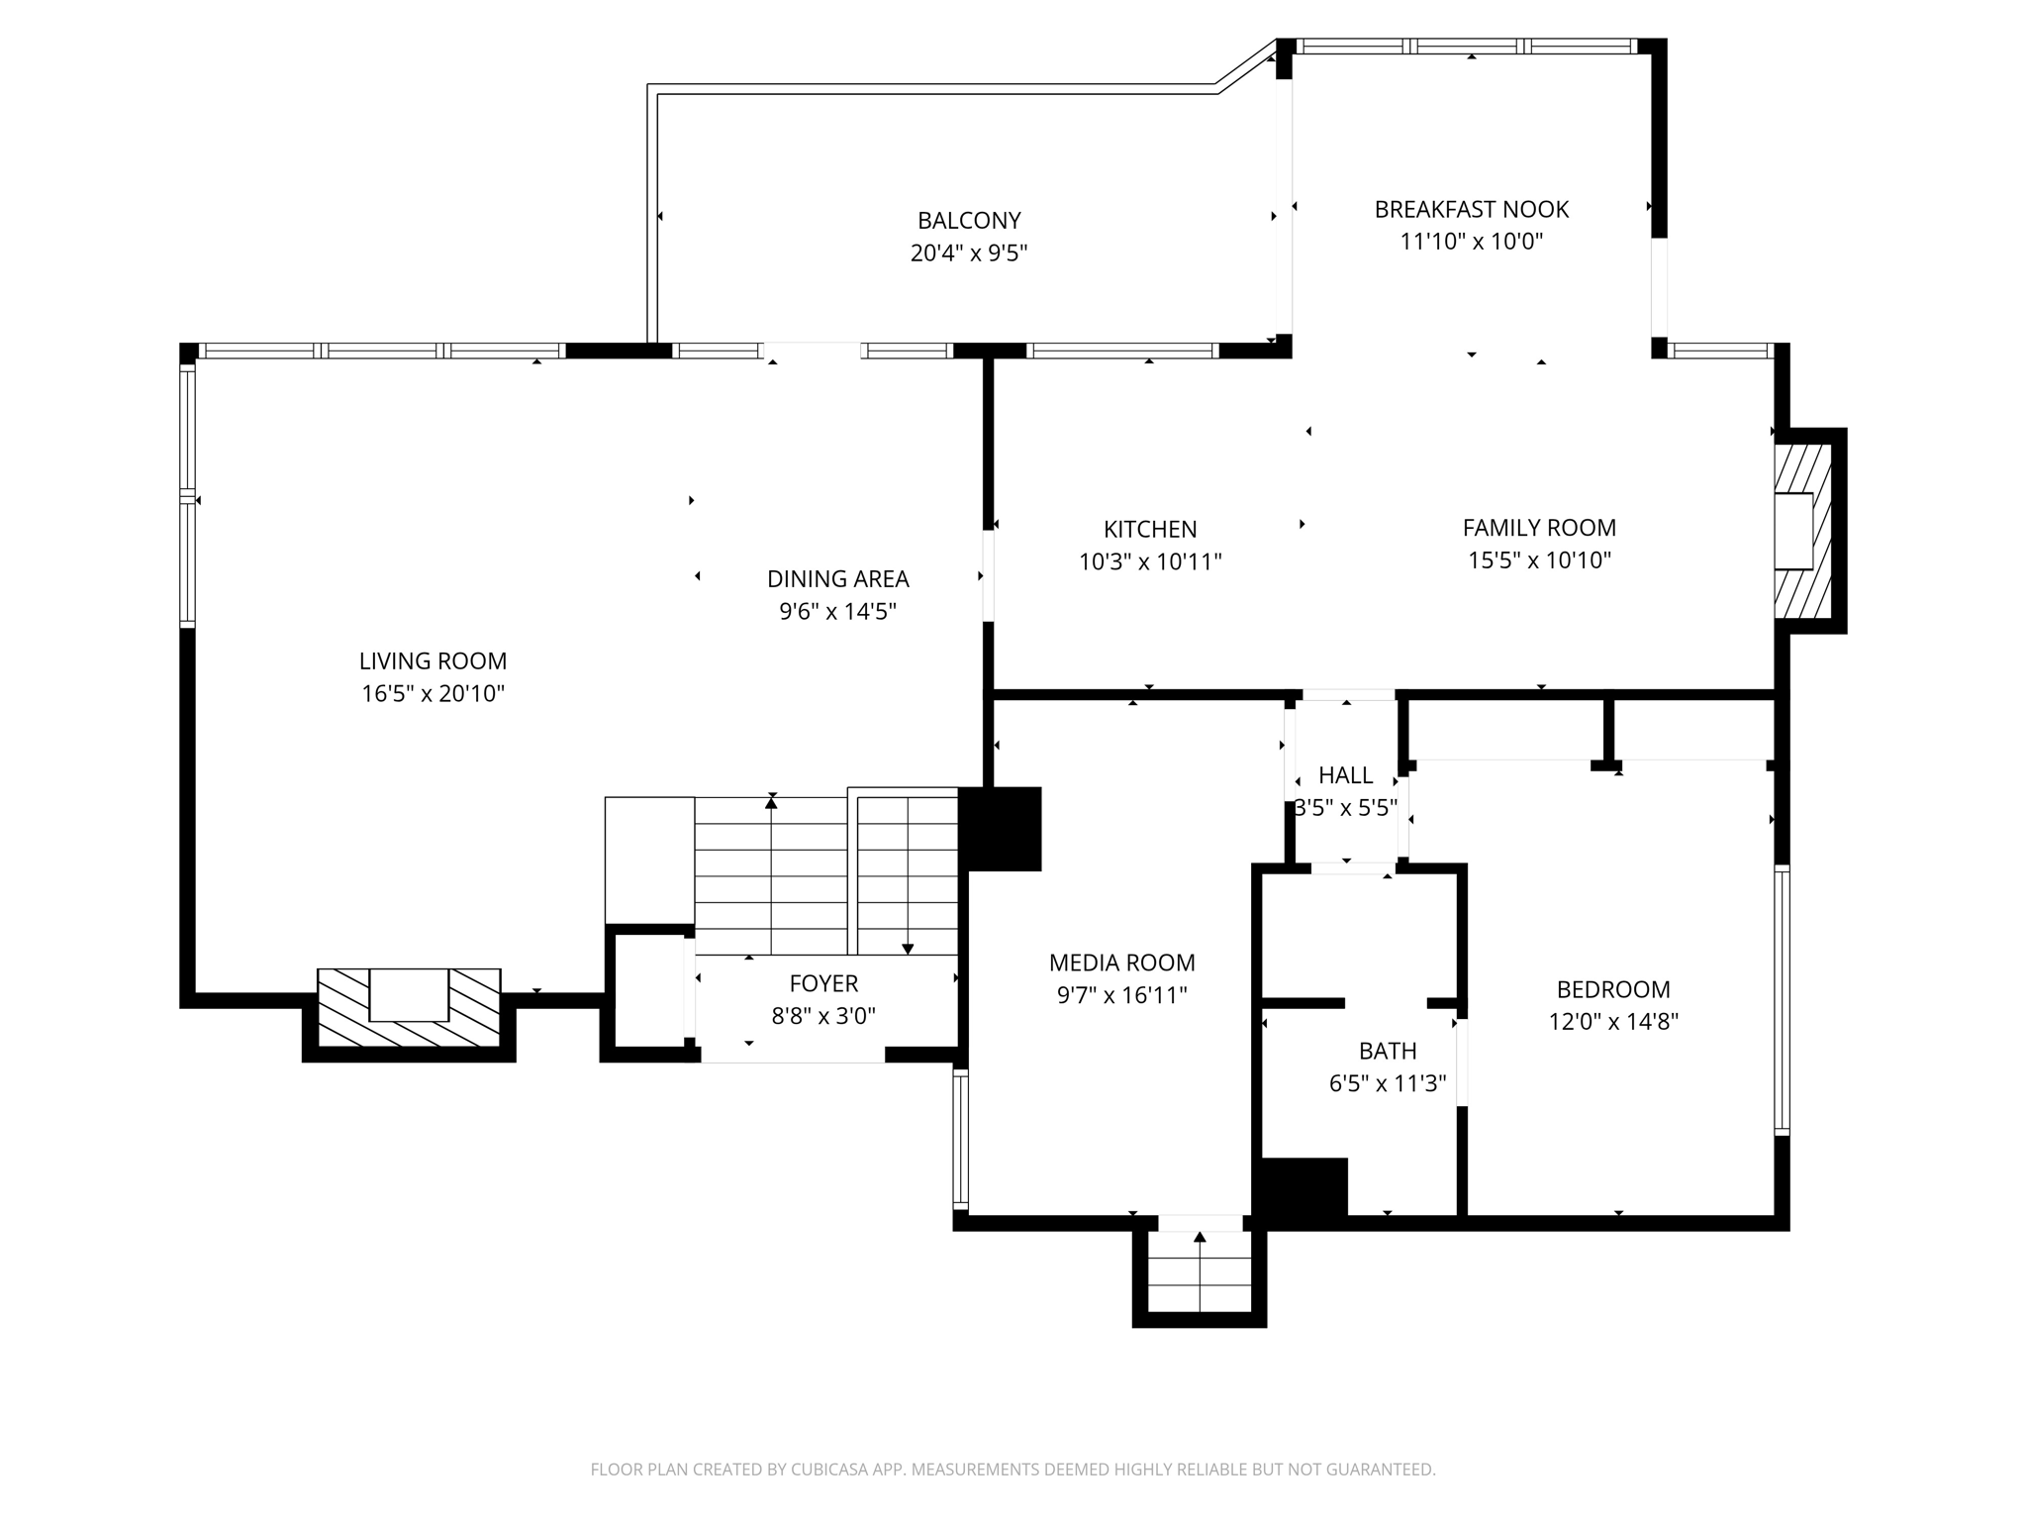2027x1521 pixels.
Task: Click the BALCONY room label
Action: (968, 220)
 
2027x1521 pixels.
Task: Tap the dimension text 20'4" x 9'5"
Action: (968, 253)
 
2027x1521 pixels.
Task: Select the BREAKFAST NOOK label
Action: (1471, 209)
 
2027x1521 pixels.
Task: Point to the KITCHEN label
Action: (1150, 529)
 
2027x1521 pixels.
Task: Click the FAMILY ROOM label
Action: (1539, 528)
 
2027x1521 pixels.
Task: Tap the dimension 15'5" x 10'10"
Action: (1539, 560)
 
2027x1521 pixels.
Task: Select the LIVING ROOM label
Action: (433, 660)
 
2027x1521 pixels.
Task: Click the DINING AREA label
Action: (837, 578)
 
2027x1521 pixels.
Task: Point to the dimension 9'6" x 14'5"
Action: (837, 611)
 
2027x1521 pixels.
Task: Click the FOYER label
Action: (823, 983)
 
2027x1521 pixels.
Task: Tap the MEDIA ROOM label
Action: (1121, 963)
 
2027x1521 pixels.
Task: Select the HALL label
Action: (1345, 775)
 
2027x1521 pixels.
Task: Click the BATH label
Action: (1388, 1051)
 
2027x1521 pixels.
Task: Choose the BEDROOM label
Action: (1613, 989)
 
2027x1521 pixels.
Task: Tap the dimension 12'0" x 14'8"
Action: (1613, 1022)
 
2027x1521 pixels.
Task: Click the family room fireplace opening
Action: (1792, 531)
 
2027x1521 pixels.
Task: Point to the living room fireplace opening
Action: (409, 994)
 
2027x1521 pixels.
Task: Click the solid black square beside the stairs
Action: (1001, 829)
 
